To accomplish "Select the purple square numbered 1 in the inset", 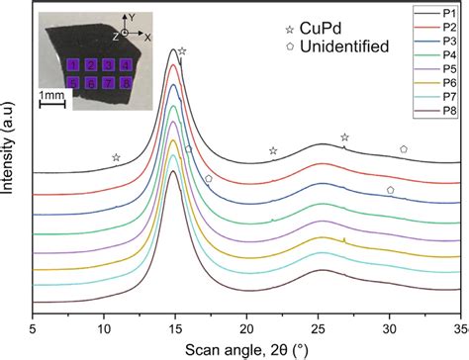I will click(x=72, y=65).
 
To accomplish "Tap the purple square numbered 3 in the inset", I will click(x=108, y=65).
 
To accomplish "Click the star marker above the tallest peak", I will click(x=182, y=49).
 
